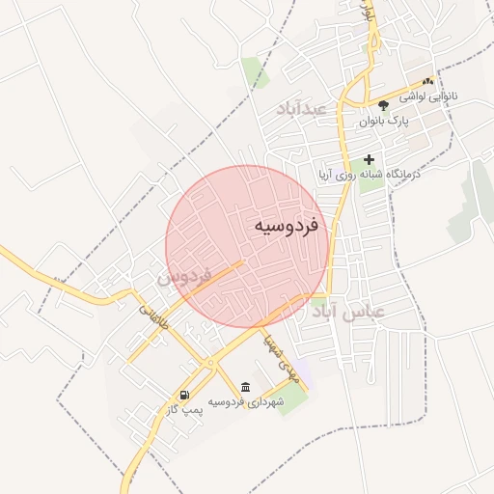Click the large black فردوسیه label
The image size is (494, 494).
[292, 226]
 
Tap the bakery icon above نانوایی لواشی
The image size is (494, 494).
[427, 82]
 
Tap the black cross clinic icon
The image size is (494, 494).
[369, 158]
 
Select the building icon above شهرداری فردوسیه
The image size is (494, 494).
[245, 387]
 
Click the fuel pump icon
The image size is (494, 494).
[183, 394]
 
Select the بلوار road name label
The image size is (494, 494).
[365, 14]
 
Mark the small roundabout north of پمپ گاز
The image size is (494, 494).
[207, 363]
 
